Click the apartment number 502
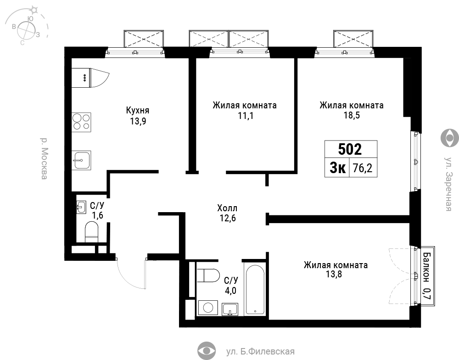[350, 149]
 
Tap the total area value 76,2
[363, 168]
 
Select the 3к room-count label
[337, 168]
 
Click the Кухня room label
[138, 110]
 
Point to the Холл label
[227, 208]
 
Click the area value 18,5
[352, 115]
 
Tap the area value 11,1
[245, 116]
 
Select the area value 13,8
[334, 275]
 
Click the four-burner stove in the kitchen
[81, 122]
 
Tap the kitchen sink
[81, 160]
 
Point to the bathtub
[255, 289]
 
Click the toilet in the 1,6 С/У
[91, 232]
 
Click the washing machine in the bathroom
[208, 308]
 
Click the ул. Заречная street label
[449, 184]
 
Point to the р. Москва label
[44, 158]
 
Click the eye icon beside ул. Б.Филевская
[207, 351]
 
